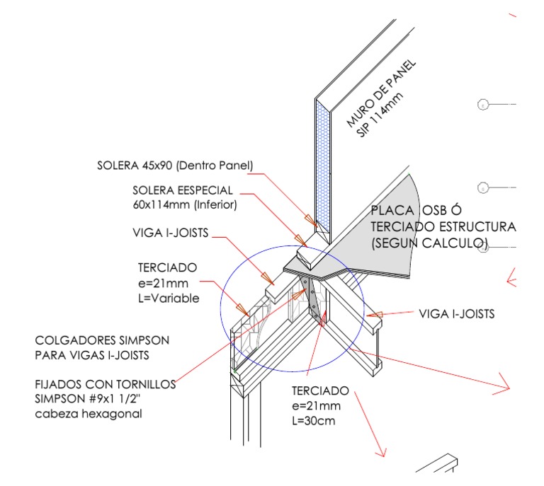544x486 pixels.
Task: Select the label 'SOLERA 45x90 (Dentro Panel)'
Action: coord(175,166)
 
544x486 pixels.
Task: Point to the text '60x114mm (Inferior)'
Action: coord(184,204)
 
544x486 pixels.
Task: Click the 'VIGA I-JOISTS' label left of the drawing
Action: coord(171,233)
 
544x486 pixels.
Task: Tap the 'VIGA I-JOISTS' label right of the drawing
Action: coord(457,313)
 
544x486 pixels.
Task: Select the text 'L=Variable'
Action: coord(168,298)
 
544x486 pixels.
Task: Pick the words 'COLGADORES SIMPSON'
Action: coord(102,340)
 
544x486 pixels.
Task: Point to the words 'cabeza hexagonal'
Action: coord(89,414)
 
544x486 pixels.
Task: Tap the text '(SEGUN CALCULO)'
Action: coord(429,243)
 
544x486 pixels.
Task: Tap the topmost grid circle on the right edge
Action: coord(483,105)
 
